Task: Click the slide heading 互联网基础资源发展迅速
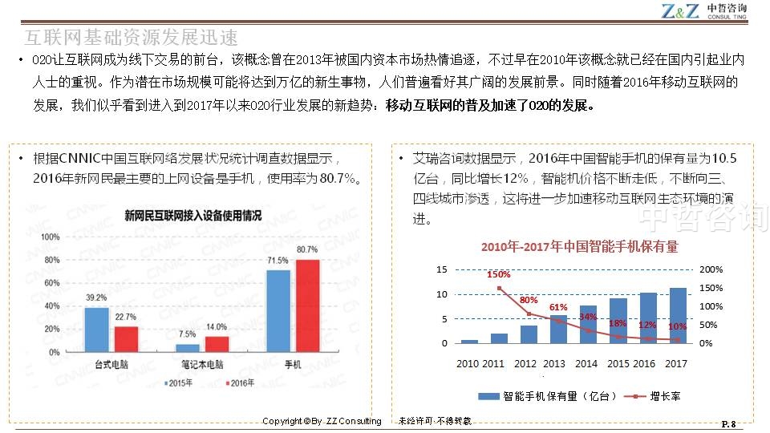tap(132, 37)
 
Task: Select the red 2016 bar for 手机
tap(306, 306)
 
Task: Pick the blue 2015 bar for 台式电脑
tap(96, 330)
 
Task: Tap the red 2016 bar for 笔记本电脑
tap(217, 344)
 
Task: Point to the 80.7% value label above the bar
tap(307, 249)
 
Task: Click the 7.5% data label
tap(188, 334)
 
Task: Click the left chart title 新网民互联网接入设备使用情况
tap(192, 215)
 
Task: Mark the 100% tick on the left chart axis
tap(50, 237)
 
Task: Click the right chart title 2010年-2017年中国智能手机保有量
tap(579, 246)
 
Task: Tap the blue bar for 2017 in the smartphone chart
tap(678, 315)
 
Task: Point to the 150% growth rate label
tap(499, 274)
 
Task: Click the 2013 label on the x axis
tap(554, 364)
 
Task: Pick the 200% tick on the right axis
tap(711, 270)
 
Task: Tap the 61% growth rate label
tap(558, 307)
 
